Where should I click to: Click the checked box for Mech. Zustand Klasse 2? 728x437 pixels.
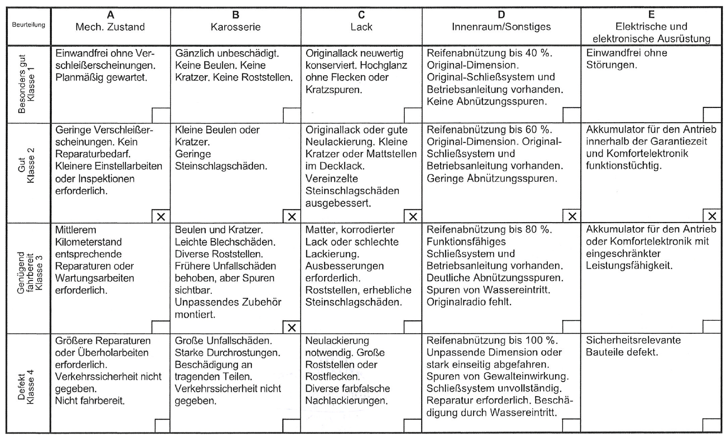tap(161, 217)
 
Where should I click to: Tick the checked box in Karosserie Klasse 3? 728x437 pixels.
tap(292, 327)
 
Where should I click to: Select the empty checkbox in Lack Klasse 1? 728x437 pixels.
tap(413, 115)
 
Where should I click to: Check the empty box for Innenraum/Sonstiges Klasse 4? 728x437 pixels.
tap(571, 426)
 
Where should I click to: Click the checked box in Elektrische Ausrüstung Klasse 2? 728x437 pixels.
tap(712, 216)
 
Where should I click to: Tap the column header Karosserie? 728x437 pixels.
tap(236, 27)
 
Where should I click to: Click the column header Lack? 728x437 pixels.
tap(361, 27)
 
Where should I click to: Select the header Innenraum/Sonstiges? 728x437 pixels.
tap(501, 27)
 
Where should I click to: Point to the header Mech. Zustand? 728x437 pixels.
tap(110, 27)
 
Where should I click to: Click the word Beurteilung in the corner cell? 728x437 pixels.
tap(28, 25)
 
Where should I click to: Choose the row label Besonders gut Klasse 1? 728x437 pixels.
tap(28, 84)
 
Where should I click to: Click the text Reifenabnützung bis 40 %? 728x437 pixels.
tap(489, 53)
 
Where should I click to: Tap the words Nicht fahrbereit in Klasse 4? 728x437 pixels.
tap(90, 401)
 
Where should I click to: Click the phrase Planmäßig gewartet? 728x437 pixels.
tap(101, 78)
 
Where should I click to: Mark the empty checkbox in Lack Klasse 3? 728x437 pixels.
tap(413, 327)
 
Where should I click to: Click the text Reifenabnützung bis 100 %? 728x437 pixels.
tap(492, 341)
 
